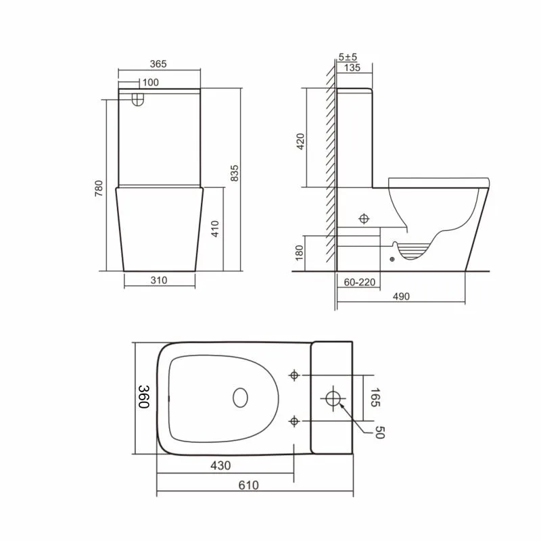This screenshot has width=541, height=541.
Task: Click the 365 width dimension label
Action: coord(158,64)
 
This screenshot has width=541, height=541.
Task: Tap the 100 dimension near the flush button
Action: coord(151,83)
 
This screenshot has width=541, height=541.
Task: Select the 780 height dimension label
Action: coord(99,189)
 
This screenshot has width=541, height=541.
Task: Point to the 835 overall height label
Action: coord(234,173)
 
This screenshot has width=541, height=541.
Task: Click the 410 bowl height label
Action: coord(214,229)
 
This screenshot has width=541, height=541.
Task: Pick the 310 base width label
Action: coord(159,280)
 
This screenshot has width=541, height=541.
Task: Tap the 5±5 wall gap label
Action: coord(348,57)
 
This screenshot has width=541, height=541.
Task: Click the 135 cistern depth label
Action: coord(352,68)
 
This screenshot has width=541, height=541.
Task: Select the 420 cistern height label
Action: coord(300,141)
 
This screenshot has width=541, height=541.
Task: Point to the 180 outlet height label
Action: coord(299,253)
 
